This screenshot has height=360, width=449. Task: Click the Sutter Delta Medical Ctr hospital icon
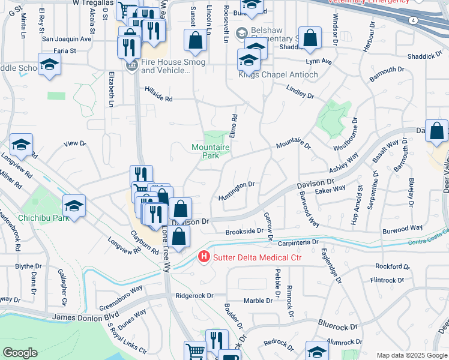(x=204, y=257)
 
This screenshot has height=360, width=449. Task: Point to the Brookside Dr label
(x=244, y=231)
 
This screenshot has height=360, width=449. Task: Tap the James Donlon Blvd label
(x=77, y=316)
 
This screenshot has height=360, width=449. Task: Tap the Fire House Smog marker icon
(x=133, y=66)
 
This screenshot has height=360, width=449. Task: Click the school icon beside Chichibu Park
(x=74, y=206)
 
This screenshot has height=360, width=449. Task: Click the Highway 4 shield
(x=414, y=20)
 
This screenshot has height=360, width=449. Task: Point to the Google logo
(x=20, y=353)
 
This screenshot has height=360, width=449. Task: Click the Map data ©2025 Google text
(x=412, y=355)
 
